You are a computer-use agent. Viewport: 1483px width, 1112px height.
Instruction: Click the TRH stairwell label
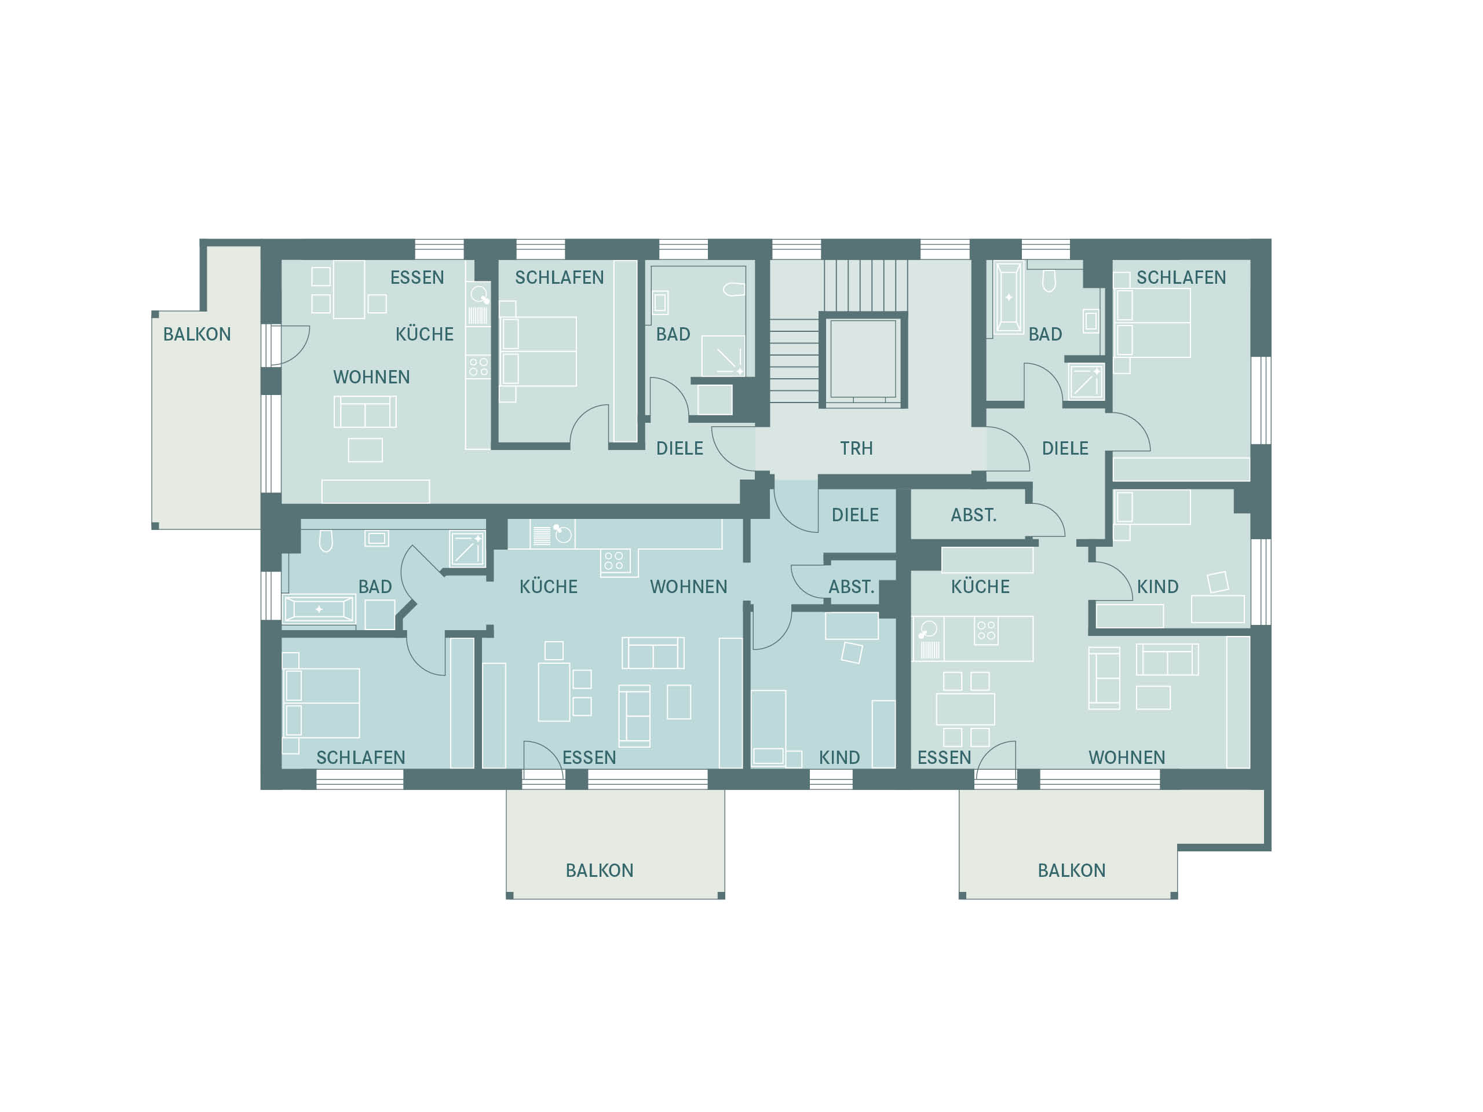[x=856, y=448]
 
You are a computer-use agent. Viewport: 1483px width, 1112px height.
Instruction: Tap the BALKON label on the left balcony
[x=197, y=335]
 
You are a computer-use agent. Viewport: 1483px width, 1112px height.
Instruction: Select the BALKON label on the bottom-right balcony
[x=1071, y=870]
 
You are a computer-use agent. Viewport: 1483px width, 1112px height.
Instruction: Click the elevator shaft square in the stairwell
[x=863, y=360]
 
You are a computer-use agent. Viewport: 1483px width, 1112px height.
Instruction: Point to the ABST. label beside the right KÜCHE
[x=973, y=515]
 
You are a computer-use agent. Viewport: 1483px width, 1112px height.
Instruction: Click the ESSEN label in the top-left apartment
[x=417, y=277]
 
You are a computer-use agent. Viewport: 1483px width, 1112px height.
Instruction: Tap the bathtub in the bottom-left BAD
[x=319, y=609]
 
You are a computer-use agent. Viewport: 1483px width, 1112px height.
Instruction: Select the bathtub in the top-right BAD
[x=1009, y=298]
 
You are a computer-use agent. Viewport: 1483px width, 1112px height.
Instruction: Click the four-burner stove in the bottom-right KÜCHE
[x=986, y=631]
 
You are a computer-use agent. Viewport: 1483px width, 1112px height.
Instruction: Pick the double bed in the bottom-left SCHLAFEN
[x=322, y=703]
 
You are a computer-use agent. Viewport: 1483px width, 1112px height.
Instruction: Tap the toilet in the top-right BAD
[x=1049, y=281]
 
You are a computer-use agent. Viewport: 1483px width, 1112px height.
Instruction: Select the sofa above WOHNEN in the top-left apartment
[x=366, y=412]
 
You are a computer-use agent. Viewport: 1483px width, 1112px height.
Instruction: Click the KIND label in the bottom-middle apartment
[x=839, y=758]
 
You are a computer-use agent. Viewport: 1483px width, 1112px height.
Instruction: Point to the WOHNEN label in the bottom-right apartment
[x=1127, y=758]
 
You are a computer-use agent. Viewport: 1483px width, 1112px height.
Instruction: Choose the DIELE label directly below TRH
[x=855, y=515]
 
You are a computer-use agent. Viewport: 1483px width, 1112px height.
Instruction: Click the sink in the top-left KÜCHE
[x=478, y=294]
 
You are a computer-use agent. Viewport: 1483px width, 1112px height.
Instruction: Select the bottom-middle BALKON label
[x=600, y=870]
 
